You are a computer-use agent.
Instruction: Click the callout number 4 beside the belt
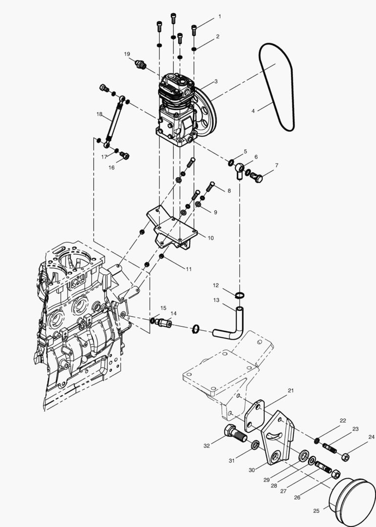(x=253, y=111)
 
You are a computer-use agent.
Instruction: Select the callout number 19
(x=127, y=54)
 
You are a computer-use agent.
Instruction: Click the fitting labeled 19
(x=141, y=65)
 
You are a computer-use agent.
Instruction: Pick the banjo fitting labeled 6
(x=239, y=170)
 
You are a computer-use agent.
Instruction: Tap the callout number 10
(x=210, y=238)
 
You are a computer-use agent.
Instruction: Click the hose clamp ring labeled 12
(x=239, y=295)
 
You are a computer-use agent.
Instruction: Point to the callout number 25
(x=316, y=510)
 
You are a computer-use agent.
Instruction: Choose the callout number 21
(x=291, y=390)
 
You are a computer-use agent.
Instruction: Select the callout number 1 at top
(x=219, y=17)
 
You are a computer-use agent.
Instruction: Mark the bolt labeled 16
(x=125, y=156)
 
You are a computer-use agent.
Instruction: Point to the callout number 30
(x=252, y=470)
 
